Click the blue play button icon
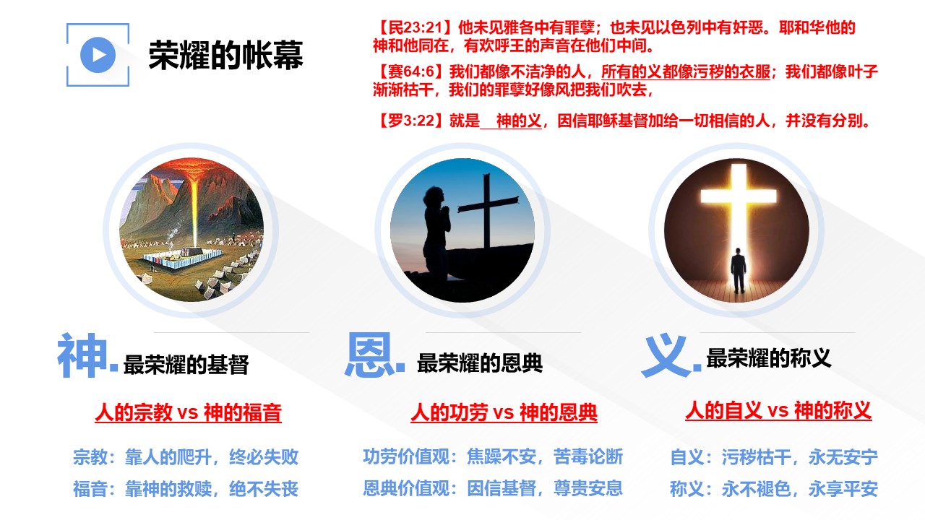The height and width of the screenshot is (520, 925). point(98,55)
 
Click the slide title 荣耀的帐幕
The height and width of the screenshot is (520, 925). point(226,56)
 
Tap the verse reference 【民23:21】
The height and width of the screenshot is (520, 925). point(415,27)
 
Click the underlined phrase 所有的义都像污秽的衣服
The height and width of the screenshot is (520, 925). point(686,71)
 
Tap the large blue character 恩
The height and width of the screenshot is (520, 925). point(369,355)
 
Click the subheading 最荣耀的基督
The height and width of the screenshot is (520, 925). point(186,365)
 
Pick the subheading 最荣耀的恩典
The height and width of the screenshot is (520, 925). point(480,363)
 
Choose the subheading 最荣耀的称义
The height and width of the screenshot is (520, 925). point(768,357)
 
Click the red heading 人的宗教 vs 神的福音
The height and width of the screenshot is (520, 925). point(189,412)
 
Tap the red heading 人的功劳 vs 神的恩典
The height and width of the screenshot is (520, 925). point(504,412)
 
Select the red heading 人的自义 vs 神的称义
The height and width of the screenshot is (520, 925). point(778,411)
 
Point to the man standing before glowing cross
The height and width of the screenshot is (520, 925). point(739,270)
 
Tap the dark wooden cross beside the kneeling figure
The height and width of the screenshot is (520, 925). point(487,210)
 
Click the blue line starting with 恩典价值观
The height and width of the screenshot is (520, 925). point(493,489)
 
